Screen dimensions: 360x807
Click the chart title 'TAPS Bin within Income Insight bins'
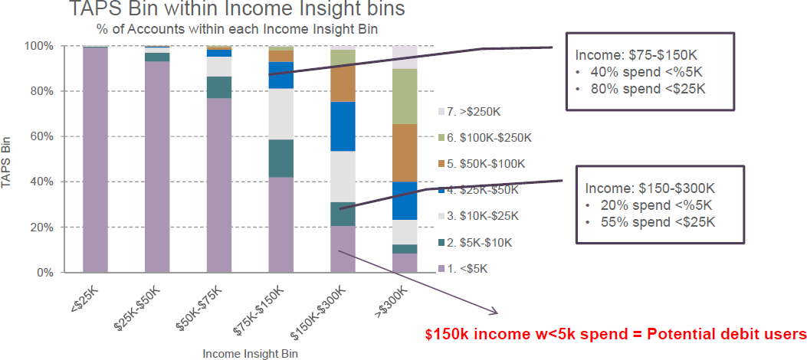click(x=236, y=11)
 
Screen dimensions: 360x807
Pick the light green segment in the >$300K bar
click(x=405, y=96)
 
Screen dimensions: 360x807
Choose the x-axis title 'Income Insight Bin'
click(x=250, y=354)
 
